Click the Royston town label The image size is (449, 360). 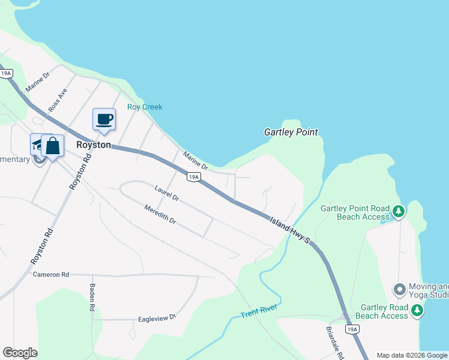point(94,145)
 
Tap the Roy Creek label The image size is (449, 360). point(145,107)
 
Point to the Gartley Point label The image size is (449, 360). point(291,132)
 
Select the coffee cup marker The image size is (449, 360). point(104,119)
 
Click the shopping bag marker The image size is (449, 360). point(53,146)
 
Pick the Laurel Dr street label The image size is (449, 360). point(166,193)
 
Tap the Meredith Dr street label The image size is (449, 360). point(160,214)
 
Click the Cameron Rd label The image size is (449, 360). point(51,274)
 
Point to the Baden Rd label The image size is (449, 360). point(92,297)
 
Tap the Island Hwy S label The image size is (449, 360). point(289,230)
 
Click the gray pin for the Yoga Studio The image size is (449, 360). point(400,290)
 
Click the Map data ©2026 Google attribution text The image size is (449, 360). point(412,355)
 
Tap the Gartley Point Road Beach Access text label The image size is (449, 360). point(355,212)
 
